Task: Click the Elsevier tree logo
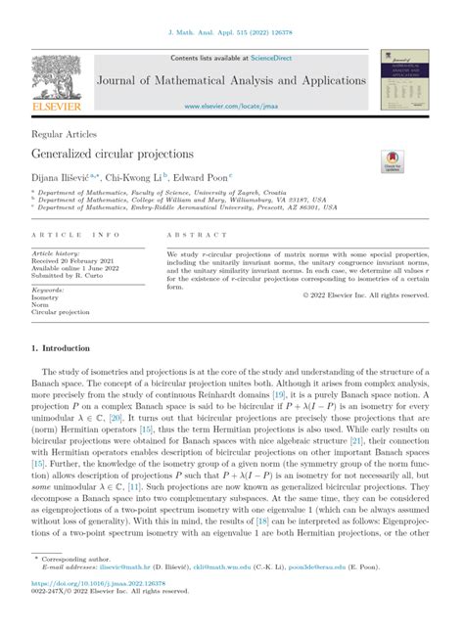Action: point(57,76)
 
